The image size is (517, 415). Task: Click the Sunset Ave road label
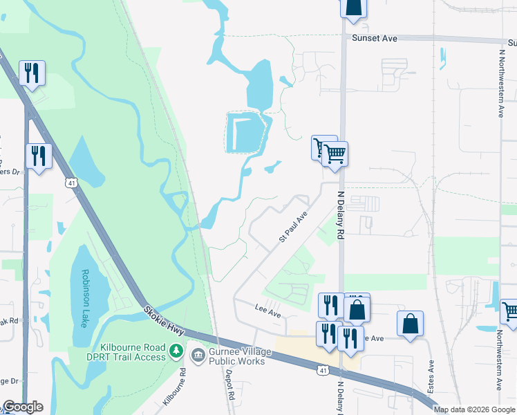374,39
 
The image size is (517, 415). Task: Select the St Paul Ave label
293,227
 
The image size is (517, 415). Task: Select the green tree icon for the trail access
177,351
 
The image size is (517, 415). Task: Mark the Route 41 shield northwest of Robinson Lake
71,183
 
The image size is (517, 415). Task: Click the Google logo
23,407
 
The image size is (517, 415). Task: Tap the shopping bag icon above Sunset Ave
353,7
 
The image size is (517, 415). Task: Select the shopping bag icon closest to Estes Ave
410,323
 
